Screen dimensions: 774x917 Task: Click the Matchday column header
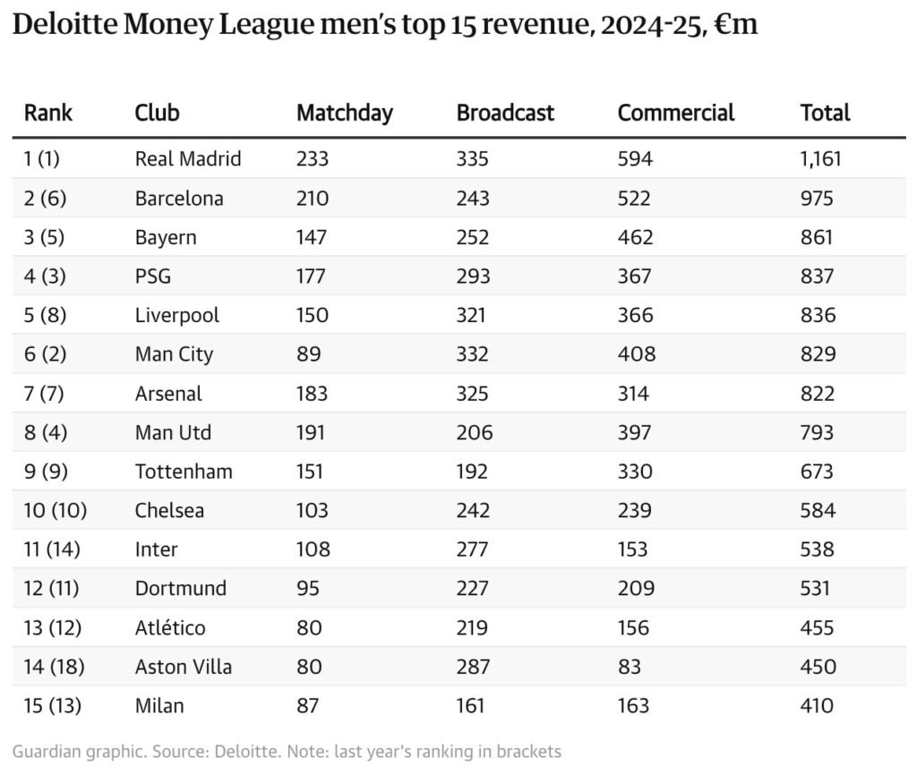point(344,113)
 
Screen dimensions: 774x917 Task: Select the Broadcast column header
point(505,113)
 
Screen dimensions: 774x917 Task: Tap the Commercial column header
point(675,113)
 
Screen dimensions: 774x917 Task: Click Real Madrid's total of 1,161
point(821,159)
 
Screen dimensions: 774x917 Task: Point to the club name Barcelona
point(179,199)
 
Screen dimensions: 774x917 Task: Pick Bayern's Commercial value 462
point(635,238)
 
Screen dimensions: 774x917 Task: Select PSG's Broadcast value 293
point(473,276)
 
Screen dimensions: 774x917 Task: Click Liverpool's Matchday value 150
point(313,316)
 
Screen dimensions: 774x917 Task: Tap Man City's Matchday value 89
point(307,354)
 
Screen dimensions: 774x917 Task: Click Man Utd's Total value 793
point(817,433)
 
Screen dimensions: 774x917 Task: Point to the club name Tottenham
point(184,472)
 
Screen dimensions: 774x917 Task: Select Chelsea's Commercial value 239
point(635,511)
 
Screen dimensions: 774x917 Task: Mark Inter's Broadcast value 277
point(473,549)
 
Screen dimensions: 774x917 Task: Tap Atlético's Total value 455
point(817,628)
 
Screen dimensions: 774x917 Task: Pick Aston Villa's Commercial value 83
point(630,667)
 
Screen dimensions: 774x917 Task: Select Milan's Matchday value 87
point(307,706)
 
